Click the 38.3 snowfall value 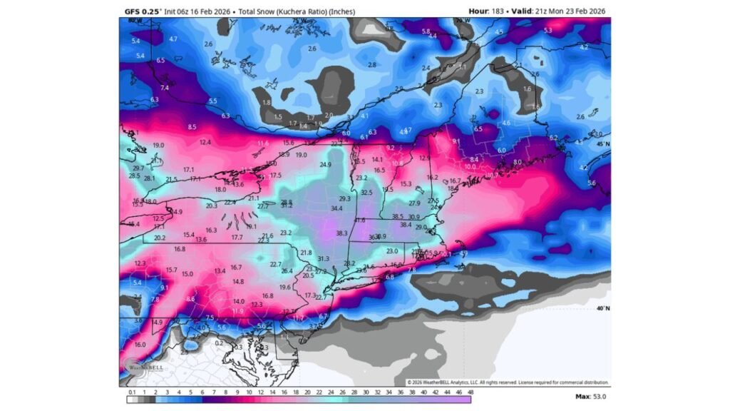341,233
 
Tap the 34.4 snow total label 336,208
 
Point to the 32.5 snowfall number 366,193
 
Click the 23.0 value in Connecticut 392,251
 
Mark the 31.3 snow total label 323,259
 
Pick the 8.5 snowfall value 192,127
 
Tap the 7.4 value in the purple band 165,87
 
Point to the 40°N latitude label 602,308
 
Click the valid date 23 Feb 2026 583,11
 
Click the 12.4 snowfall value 205,143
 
